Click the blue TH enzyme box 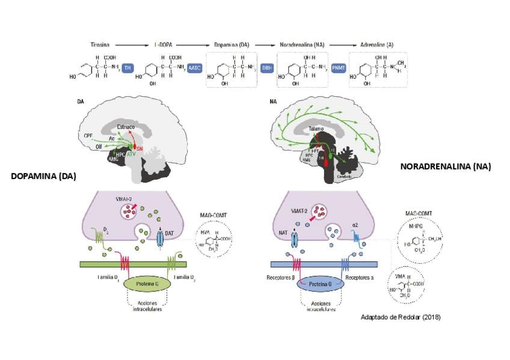127,69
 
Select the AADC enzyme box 195,69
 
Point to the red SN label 139,148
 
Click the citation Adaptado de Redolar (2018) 400,317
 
